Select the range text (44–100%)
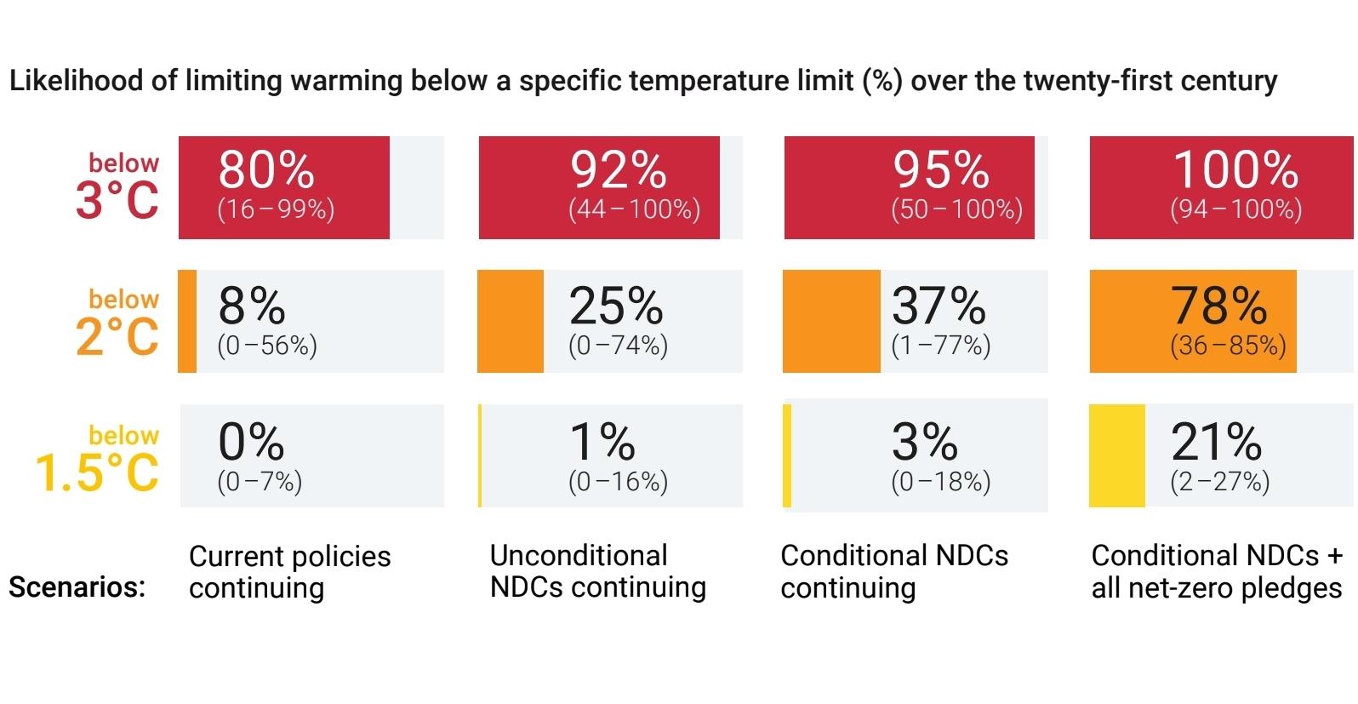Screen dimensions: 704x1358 coord(634,209)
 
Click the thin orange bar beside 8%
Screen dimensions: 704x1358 coord(187,322)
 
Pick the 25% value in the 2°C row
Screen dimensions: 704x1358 coord(615,306)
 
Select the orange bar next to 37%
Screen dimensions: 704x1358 coord(831,322)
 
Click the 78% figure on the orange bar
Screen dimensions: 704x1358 coord(1218,306)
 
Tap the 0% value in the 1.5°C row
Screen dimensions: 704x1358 coord(251,441)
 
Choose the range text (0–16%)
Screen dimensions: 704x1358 coord(618,482)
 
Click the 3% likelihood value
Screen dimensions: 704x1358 coord(924,441)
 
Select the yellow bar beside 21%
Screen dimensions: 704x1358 coord(1117,456)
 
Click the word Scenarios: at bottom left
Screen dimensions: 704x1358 coord(77,587)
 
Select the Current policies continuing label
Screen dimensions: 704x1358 coord(289,572)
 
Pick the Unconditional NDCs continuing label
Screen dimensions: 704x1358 coord(597,571)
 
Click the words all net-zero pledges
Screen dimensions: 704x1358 coord(1216,588)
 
